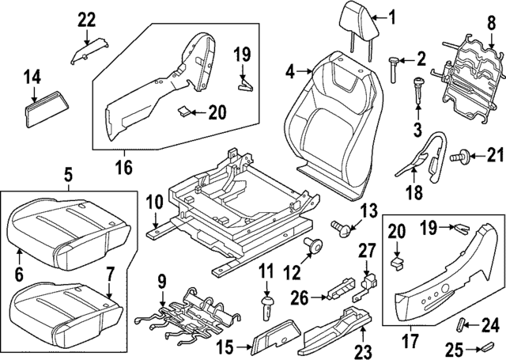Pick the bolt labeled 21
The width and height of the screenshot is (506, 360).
pos(455,158)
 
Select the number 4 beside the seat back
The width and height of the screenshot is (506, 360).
pos(290,72)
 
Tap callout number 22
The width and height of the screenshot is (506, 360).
pos(86,18)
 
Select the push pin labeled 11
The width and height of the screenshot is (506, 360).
pos(266,305)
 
